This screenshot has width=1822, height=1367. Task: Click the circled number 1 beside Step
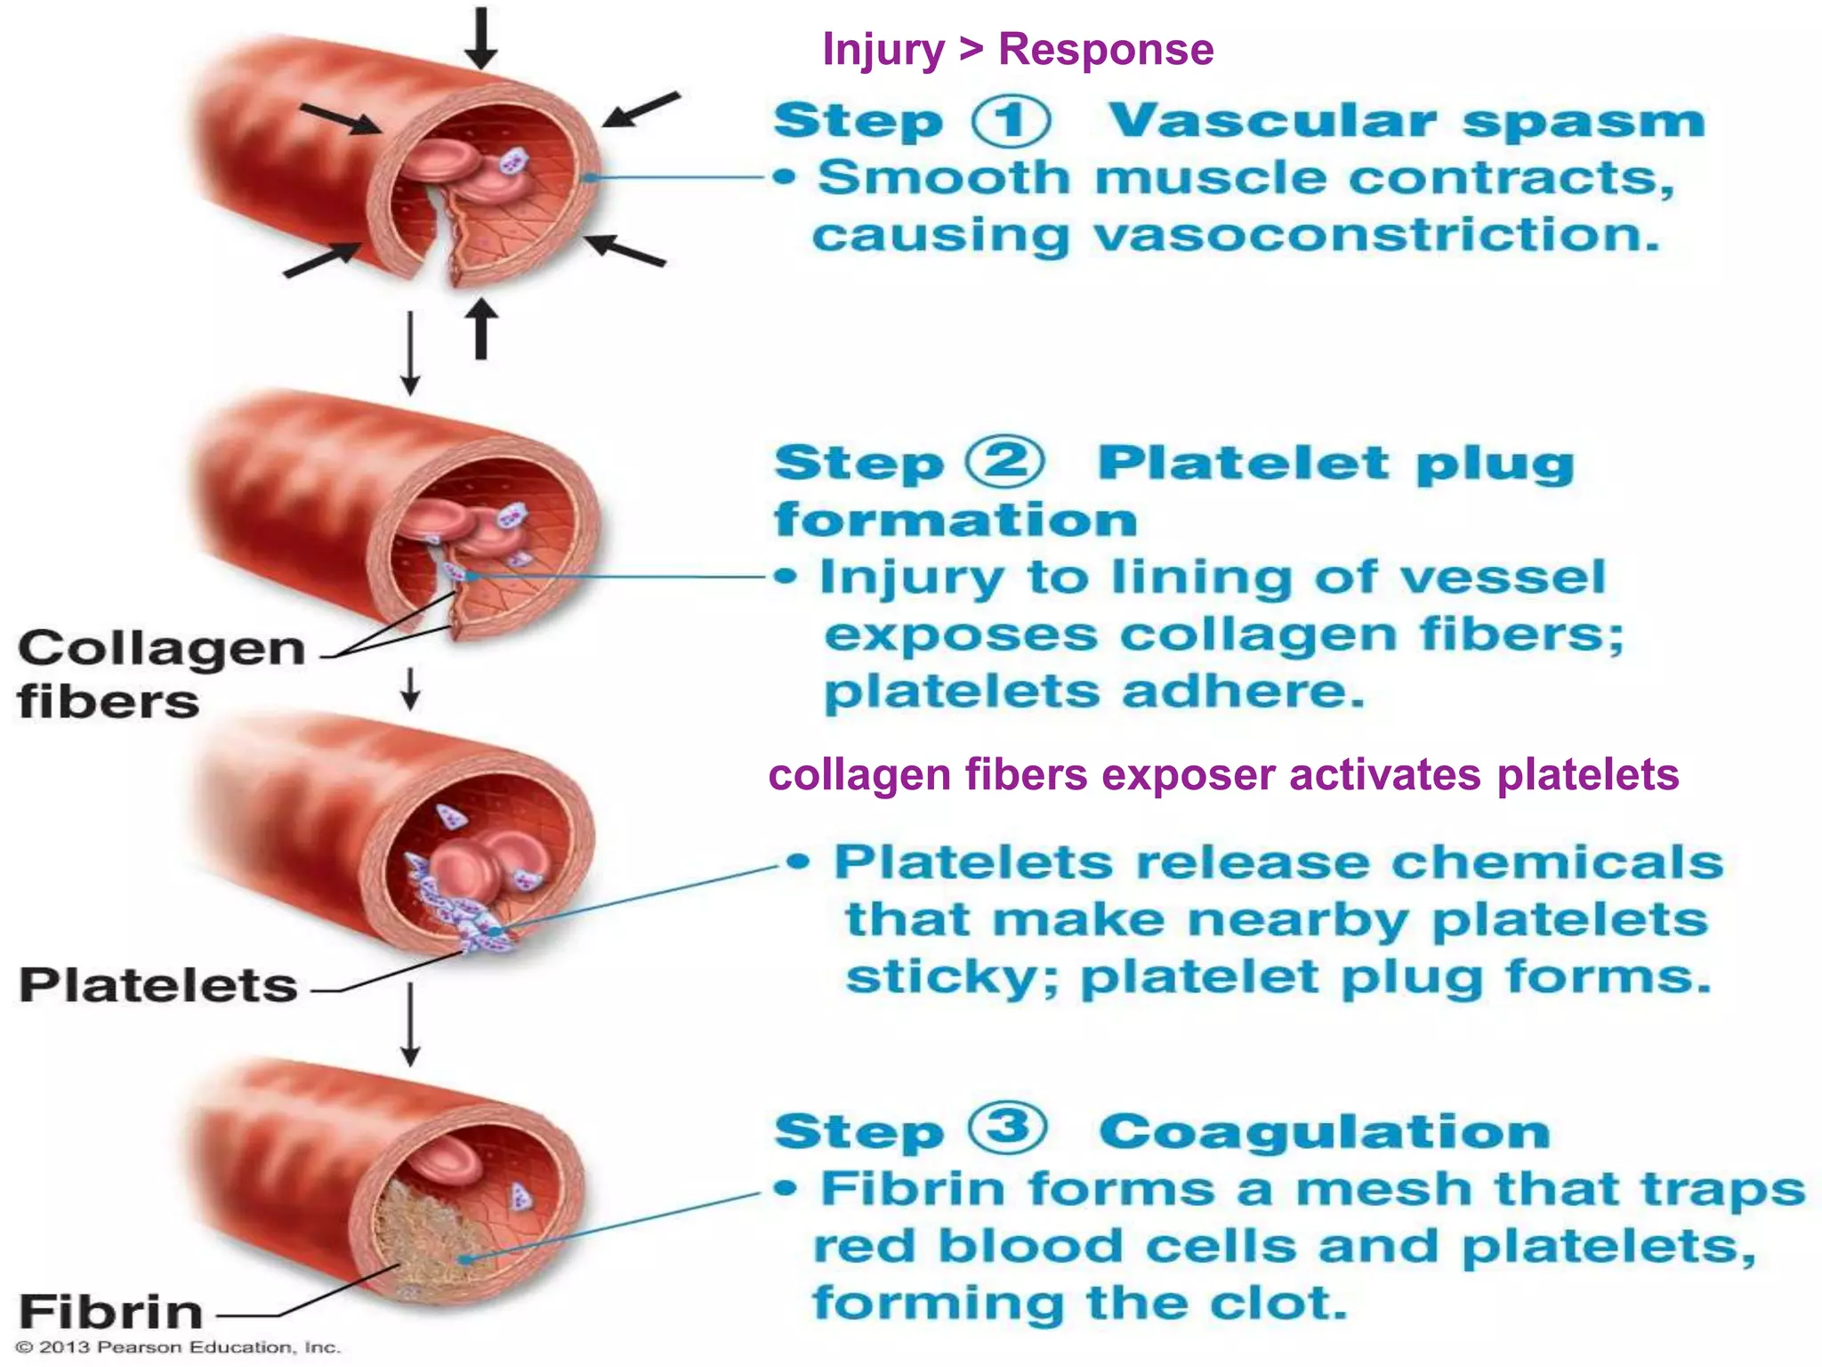(x=1010, y=122)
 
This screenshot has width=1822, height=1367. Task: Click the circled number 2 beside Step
(x=1005, y=463)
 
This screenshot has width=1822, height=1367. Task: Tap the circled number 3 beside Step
(x=1006, y=1128)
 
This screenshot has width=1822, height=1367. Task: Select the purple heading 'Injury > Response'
(x=1017, y=49)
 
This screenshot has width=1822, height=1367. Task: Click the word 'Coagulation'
(x=1324, y=1132)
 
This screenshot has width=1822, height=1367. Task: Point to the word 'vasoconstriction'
(x=1375, y=237)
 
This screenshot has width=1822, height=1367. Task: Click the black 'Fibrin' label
(x=111, y=1312)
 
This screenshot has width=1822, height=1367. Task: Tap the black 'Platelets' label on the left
(x=158, y=985)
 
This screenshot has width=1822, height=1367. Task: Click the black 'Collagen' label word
(x=161, y=648)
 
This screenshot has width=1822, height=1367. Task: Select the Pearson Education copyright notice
(x=178, y=1347)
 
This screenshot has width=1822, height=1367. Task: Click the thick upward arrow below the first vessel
(x=481, y=328)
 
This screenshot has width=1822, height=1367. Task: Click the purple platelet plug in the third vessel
(x=463, y=917)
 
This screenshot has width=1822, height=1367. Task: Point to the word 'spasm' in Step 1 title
(x=1583, y=122)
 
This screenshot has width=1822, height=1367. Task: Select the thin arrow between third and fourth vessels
(x=409, y=1023)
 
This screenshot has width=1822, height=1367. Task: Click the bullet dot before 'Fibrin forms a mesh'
(x=784, y=1189)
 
